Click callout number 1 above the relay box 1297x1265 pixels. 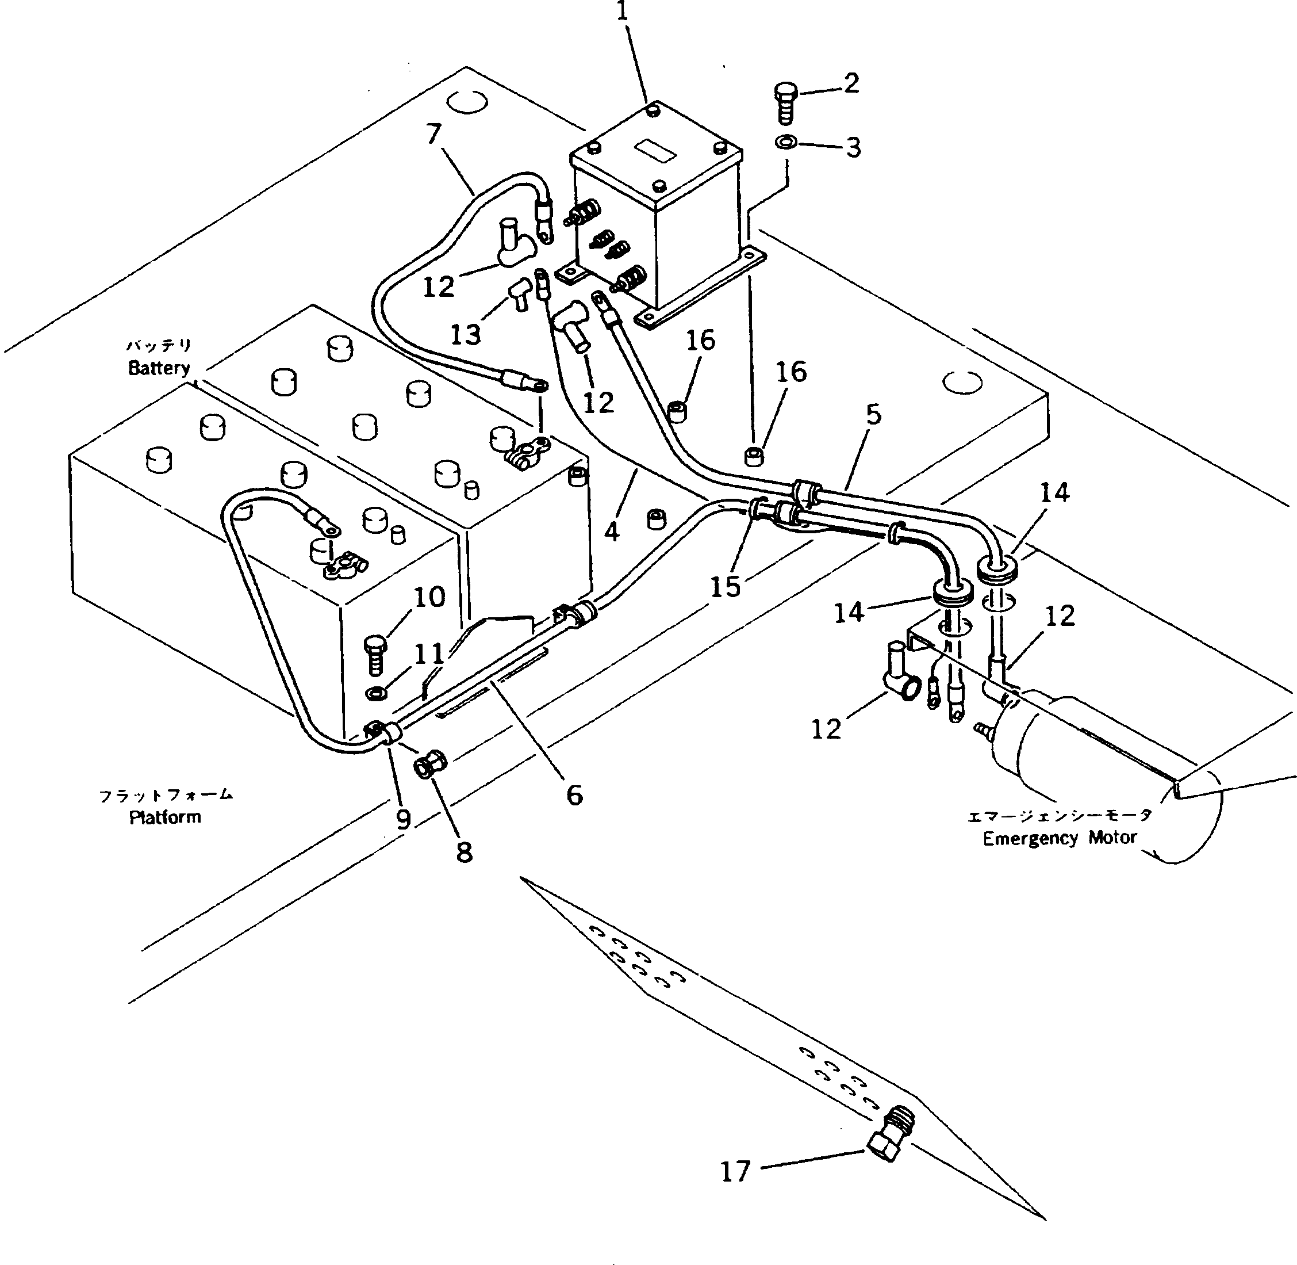pyautogui.click(x=622, y=13)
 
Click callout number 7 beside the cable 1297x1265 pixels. pyautogui.click(x=433, y=134)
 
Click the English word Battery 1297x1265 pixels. pyautogui.click(x=159, y=368)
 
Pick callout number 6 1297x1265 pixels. pyautogui.click(x=574, y=794)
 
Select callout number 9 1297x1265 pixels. pyautogui.click(x=403, y=819)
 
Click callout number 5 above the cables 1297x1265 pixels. pyautogui.click(x=873, y=414)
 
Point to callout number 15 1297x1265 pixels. pyautogui.click(x=725, y=586)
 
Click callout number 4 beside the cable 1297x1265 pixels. pyautogui.click(x=612, y=531)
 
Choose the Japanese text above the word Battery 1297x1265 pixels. pyautogui.click(x=159, y=346)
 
